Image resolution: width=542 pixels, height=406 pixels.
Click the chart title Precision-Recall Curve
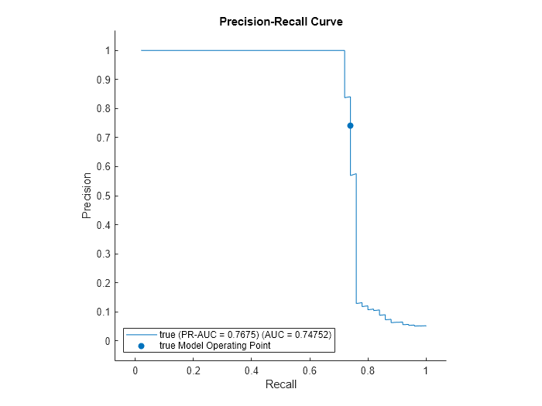point(281,22)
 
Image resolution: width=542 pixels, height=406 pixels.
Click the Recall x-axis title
point(280,384)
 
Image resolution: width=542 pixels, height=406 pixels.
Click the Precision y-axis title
point(87,195)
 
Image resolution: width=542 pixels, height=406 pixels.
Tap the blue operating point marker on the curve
point(350,125)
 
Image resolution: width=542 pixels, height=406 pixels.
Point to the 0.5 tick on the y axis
point(101,196)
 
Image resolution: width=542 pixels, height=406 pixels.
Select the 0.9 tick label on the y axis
point(101,80)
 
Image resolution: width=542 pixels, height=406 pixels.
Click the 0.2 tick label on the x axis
point(194,370)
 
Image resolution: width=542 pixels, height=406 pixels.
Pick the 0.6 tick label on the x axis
point(310,370)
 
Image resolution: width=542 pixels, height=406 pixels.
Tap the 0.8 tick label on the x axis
point(368,370)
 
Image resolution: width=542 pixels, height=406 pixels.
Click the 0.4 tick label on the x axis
point(252,370)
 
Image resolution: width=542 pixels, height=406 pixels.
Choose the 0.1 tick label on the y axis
point(101,312)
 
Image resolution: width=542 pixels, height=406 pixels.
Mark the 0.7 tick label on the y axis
point(101,138)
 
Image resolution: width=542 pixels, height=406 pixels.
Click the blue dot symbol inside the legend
point(141,346)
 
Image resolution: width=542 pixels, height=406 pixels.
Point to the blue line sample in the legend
point(141,335)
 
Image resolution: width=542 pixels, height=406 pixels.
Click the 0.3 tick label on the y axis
point(101,254)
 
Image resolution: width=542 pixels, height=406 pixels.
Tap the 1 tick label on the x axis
point(426,370)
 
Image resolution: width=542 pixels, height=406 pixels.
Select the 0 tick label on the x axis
point(135,370)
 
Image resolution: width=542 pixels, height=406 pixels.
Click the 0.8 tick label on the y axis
point(101,109)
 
